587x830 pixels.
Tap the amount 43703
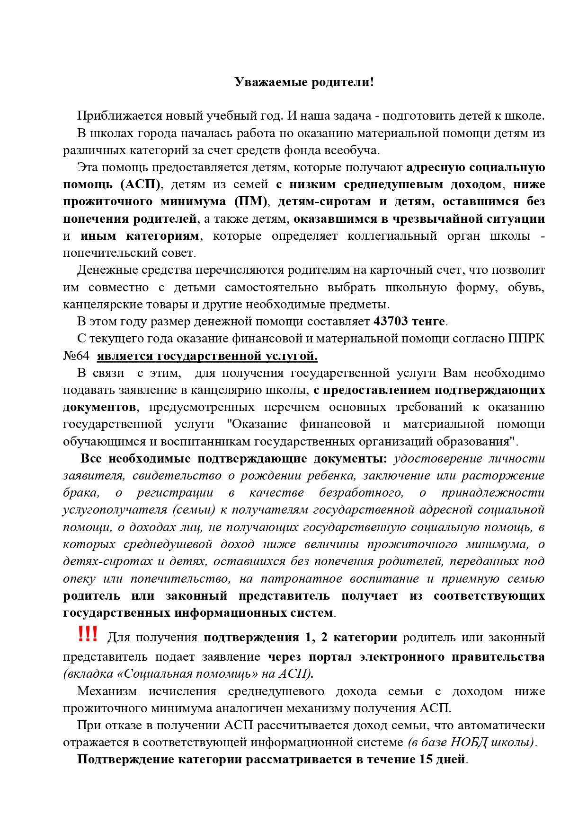pyautogui.click(x=391, y=322)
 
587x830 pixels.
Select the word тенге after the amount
pyautogui.click(x=428, y=322)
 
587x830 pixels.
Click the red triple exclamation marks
pyautogui.click(x=88, y=634)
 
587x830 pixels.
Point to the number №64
pyautogui.click(x=76, y=356)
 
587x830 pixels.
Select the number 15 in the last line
pyautogui.click(x=426, y=760)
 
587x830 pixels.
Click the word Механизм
pyautogui.click(x=107, y=691)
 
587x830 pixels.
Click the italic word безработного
pyautogui.click(x=361, y=493)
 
